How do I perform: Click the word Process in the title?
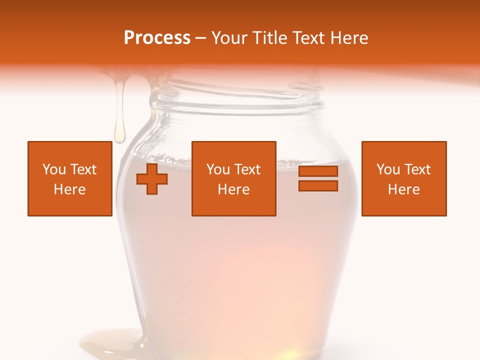pyautogui.click(x=157, y=38)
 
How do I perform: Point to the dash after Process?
pyautogui.click(x=201, y=38)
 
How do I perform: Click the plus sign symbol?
pyautogui.click(x=152, y=178)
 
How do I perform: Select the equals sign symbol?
pyautogui.click(x=318, y=178)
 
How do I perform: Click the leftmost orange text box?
pyautogui.click(x=69, y=178)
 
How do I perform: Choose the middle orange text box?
pyautogui.click(x=233, y=178)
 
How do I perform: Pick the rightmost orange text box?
pyautogui.click(x=403, y=178)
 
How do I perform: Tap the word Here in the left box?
pyautogui.click(x=69, y=189)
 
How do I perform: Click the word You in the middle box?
pyautogui.click(x=218, y=169)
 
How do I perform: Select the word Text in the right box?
pyautogui.click(x=417, y=169)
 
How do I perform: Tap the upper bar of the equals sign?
pyautogui.click(x=318, y=171)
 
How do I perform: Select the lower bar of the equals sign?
pyautogui.click(x=318, y=185)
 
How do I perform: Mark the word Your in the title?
pyautogui.click(x=229, y=38)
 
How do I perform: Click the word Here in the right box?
pyautogui.click(x=403, y=189)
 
